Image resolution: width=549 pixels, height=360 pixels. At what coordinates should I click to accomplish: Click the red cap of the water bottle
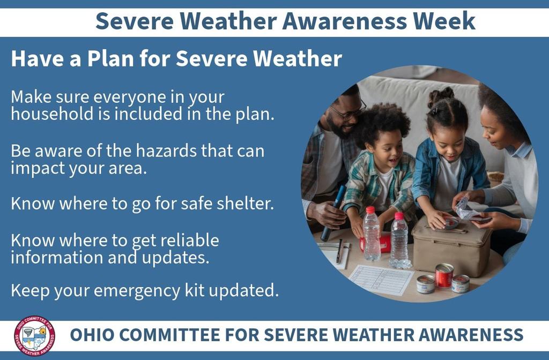[370, 210]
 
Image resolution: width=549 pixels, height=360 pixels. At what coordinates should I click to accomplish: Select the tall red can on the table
[444, 275]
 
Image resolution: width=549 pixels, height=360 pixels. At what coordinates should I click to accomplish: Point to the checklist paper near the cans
[381, 279]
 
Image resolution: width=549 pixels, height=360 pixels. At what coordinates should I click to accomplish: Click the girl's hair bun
[440, 96]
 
